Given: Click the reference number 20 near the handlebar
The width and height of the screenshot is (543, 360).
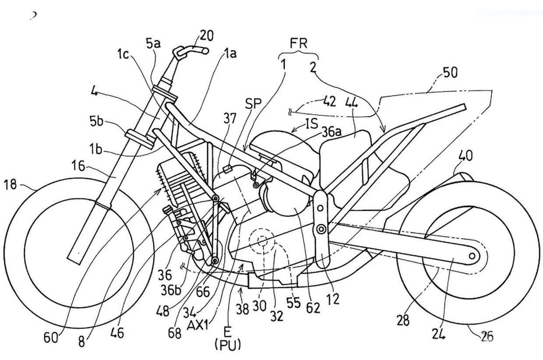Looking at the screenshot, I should tap(206, 35).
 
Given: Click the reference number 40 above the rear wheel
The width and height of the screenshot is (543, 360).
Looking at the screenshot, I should tap(465, 156).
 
